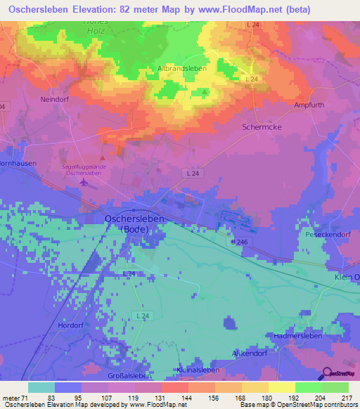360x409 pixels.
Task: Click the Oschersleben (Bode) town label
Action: click(x=130, y=223)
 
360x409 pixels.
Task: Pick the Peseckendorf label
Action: click(x=326, y=233)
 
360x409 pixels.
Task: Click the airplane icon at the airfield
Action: click(x=85, y=183)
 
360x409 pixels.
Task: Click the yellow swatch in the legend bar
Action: click(x=282, y=387)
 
